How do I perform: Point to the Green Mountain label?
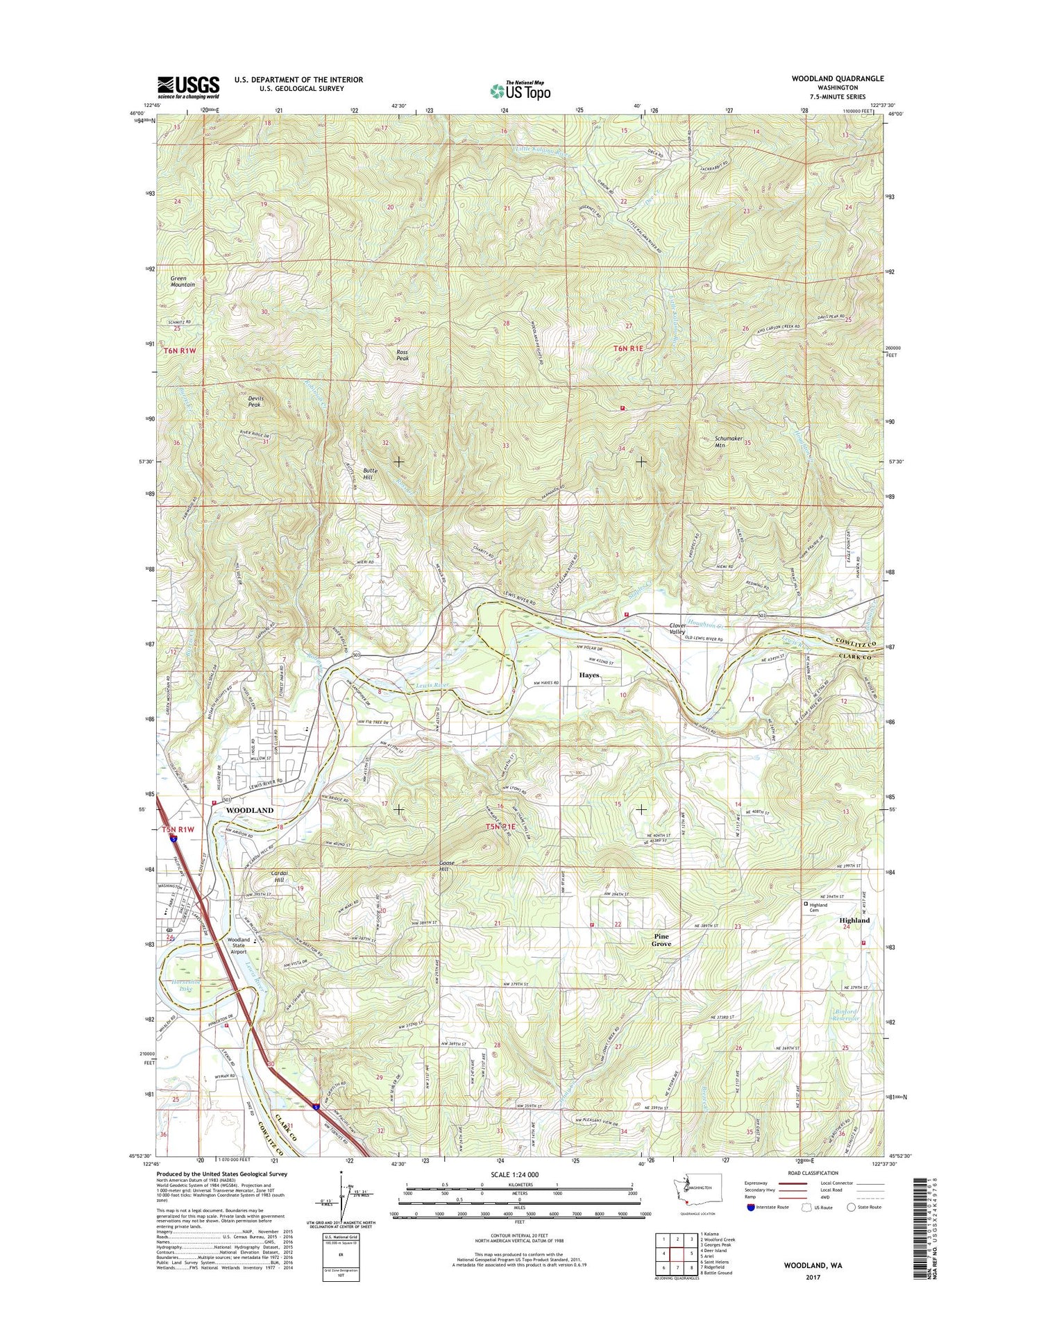coord(183,281)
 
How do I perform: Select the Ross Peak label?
coord(402,355)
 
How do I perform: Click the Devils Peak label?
coord(255,400)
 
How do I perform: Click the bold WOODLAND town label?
coord(249,810)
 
